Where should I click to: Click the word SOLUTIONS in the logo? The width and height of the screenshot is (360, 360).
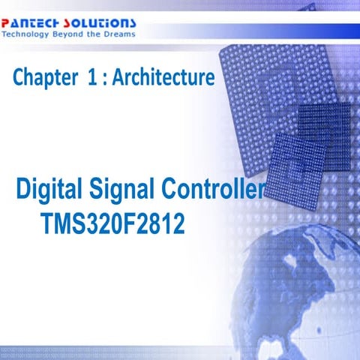click(x=104, y=22)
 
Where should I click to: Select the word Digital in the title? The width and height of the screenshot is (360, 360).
click(x=46, y=189)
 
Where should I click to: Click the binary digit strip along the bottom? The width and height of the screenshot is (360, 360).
click(x=180, y=351)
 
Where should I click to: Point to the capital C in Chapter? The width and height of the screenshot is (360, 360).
click(x=19, y=77)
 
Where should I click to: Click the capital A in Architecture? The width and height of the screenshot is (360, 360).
click(x=118, y=76)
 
